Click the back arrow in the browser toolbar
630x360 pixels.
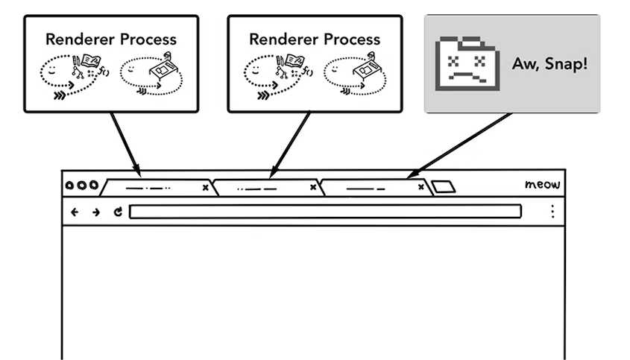tap(75, 212)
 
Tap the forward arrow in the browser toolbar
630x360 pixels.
tap(96, 212)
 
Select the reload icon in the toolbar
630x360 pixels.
tap(118, 212)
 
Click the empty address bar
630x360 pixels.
tap(326, 212)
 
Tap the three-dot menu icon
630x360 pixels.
tap(553, 212)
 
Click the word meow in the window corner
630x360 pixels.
tap(542, 184)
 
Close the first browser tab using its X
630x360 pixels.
tap(205, 188)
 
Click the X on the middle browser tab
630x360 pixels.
tap(313, 187)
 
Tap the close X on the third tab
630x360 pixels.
tap(420, 187)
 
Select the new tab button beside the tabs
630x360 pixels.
tap(443, 187)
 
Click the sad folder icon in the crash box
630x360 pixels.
tap(467, 63)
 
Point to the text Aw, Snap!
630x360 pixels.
tap(549, 63)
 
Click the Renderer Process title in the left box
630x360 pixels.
tap(111, 40)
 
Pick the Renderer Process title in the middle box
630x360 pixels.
tap(315, 40)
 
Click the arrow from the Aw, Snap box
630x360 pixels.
tap(459, 145)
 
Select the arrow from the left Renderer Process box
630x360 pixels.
tap(126, 145)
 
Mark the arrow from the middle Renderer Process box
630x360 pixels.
tap(289, 145)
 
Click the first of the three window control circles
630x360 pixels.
tap(69, 186)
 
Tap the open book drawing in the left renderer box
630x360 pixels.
tap(90, 60)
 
